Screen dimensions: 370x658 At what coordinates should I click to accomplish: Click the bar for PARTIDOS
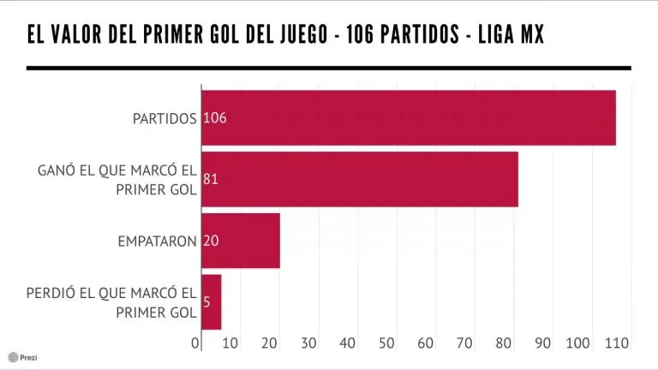tap(409, 117)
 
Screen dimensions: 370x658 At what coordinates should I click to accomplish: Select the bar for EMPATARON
tap(241, 241)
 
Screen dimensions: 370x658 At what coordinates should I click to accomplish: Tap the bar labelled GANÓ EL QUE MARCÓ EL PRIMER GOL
tap(360, 179)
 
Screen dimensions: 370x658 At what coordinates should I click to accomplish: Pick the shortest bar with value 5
tap(212, 301)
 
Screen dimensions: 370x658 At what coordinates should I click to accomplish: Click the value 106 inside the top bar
tap(214, 118)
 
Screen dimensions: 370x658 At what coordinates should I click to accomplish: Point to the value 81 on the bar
tap(211, 180)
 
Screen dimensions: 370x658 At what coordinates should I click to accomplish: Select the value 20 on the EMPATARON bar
tap(211, 242)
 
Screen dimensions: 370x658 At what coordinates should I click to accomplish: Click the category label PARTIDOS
tap(164, 118)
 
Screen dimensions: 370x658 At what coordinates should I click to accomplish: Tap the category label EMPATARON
tap(158, 242)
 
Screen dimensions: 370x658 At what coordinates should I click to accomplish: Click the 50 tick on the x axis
tap(386, 343)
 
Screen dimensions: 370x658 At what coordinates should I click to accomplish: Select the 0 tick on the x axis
tap(196, 343)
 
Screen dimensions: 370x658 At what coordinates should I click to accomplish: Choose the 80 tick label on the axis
tap(504, 343)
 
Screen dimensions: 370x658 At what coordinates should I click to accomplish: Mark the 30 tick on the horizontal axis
tap(308, 343)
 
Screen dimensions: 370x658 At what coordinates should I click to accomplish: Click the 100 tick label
tap(580, 343)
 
